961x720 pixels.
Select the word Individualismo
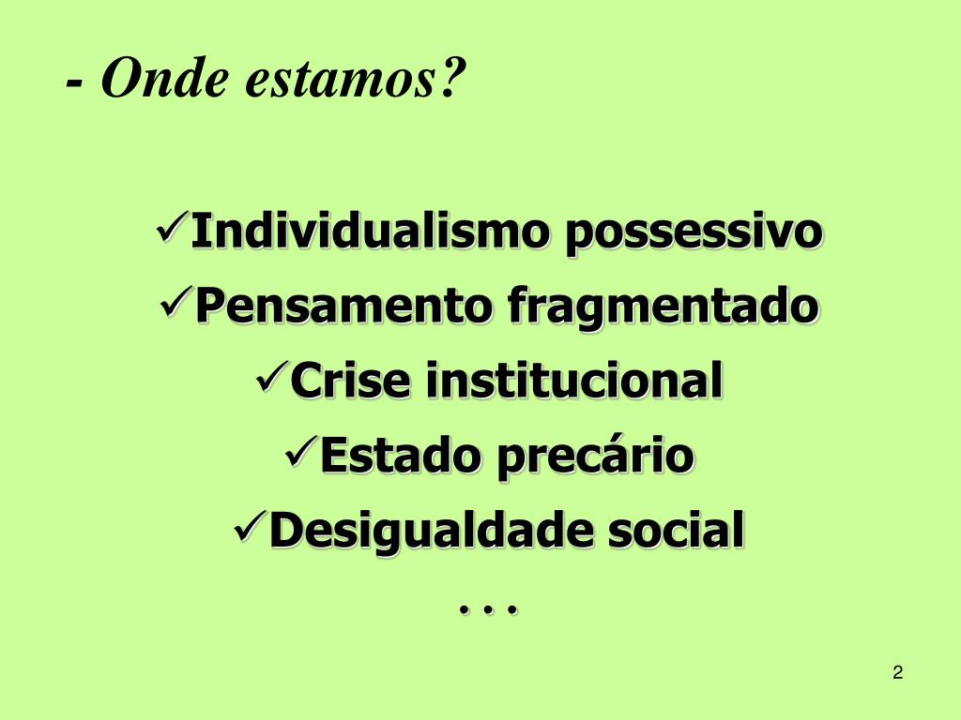click(367, 232)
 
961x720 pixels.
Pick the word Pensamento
click(344, 307)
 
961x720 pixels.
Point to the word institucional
click(575, 381)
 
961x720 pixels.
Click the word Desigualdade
click(432, 532)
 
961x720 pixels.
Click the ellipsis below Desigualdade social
click(489, 610)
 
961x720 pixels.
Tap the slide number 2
click(898, 672)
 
